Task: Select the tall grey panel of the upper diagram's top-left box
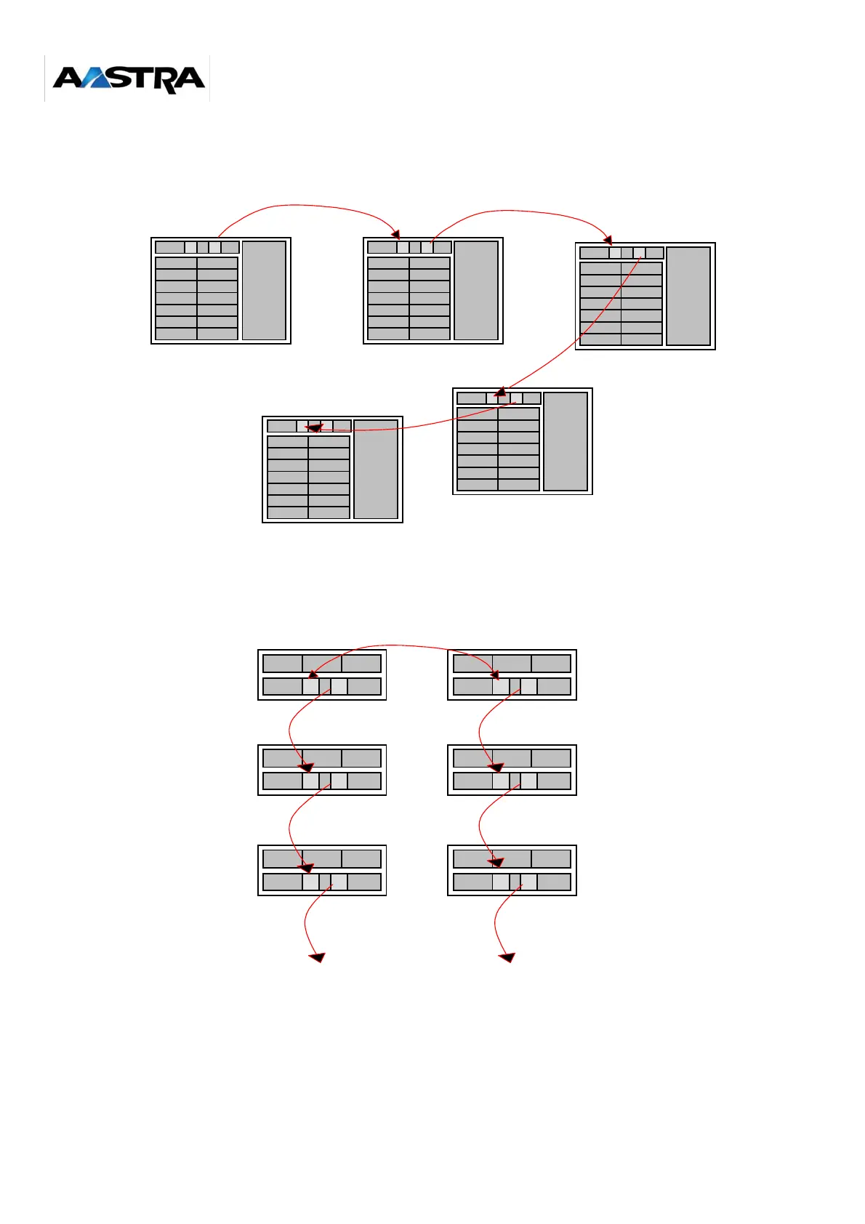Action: [264, 291]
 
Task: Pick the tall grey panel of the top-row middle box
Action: [476, 291]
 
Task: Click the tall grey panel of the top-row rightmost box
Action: [688, 296]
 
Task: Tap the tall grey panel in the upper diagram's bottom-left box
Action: [376, 470]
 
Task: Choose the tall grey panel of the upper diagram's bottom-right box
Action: [566, 441]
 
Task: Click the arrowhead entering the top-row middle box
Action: [396, 234]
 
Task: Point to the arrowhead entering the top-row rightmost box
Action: [608, 240]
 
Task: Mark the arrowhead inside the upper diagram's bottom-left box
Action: [313, 429]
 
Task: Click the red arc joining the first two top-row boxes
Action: [305, 206]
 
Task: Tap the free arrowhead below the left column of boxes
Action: [317, 957]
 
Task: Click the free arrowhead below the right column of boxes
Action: [507, 957]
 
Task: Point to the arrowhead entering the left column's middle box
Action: [307, 767]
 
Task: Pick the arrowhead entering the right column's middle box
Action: [496, 767]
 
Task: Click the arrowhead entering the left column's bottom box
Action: [307, 867]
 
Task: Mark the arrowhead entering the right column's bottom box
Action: [496, 862]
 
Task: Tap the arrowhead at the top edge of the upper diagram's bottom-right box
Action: [501, 392]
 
